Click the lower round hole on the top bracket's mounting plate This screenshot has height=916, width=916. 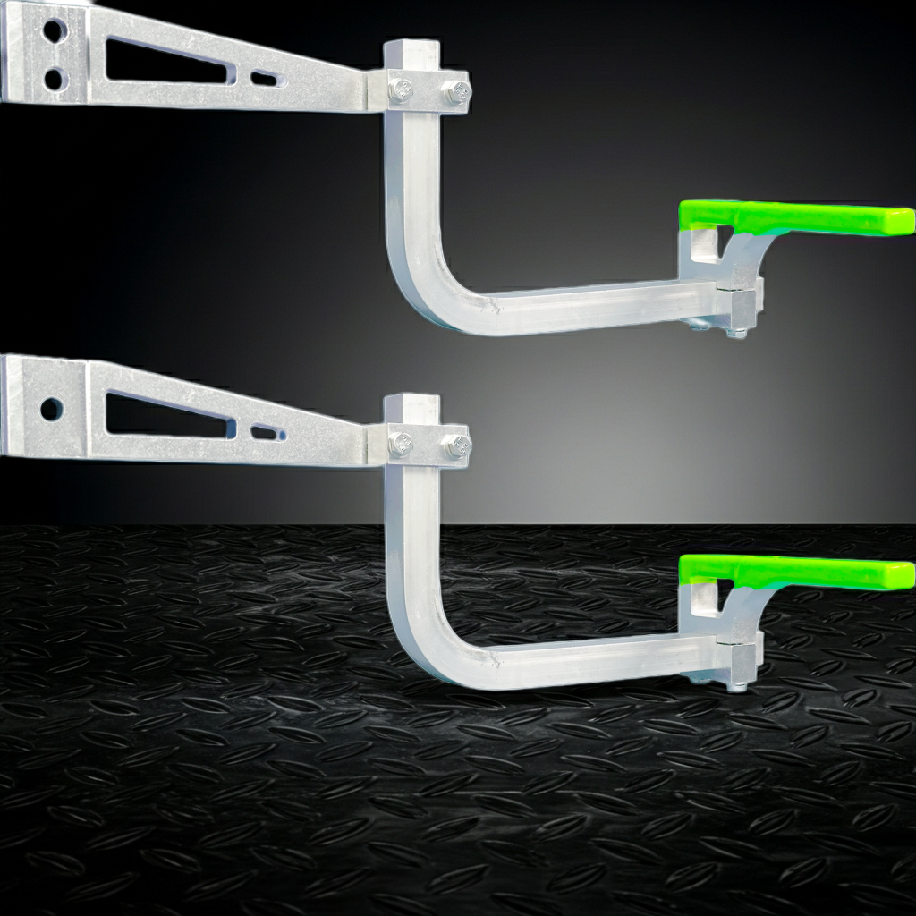[x=55, y=79]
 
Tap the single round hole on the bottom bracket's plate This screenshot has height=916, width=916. [x=51, y=410]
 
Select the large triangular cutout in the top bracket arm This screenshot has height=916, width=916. [x=161, y=63]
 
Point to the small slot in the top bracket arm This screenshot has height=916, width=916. [x=265, y=79]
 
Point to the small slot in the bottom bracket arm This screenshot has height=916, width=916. [x=266, y=433]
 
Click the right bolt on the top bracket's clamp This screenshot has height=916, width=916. [x=457, y=91]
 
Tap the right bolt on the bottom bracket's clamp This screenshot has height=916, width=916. [x=457, y=445]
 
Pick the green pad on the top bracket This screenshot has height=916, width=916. [x=796, y=217]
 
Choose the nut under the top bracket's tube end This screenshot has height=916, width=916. [x=736, y=333]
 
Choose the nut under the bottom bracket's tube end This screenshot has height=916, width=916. [x=736, y=687]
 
